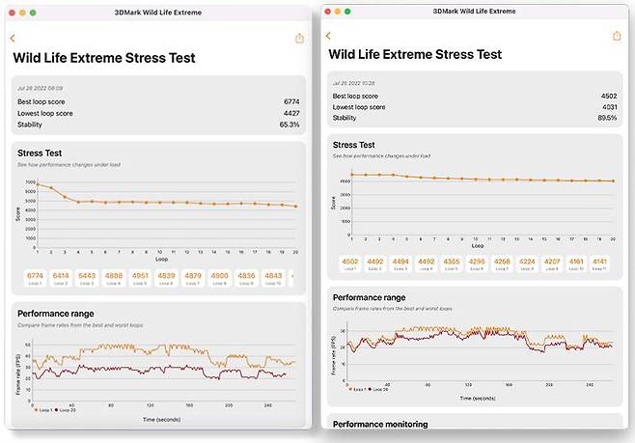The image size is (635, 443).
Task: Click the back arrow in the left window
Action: [x=13, y=39]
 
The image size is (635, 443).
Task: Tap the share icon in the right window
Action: [x=298, y=39]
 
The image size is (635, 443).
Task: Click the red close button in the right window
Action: [x=327, y=12]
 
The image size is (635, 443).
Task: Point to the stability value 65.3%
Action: [x=290, y=124]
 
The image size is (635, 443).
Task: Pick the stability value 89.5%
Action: [x=606, y=118]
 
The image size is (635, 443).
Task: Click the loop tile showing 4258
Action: [x=502, y=263]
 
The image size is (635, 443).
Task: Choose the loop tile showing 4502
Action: [x=349, y=263]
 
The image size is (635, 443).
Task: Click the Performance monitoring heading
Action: [x=378, y=423]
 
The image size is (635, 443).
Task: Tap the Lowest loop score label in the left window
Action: [x=44, y=113]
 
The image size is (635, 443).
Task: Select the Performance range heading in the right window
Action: [x=369, y=297]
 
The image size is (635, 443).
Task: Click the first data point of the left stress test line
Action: [x=38, y=183]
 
